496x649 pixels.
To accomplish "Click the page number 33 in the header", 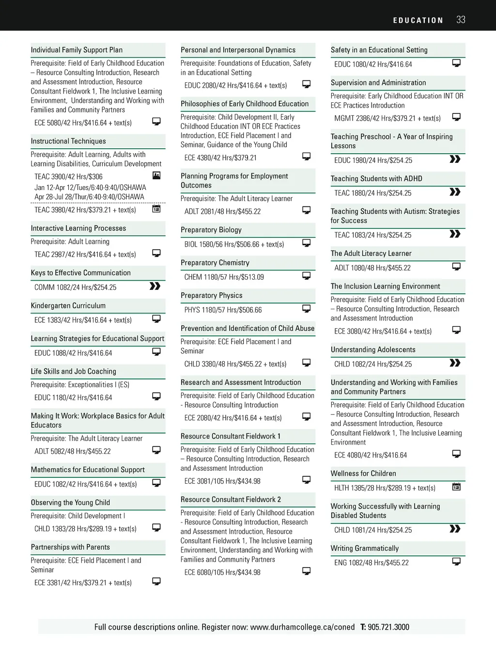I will pos(461,20).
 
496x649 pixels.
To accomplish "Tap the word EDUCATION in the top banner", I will pos(418,20).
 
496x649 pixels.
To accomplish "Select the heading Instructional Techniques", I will pos(68,141).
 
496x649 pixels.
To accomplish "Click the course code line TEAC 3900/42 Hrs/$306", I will pos(68,177).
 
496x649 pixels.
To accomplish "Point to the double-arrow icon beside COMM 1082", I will pos(155,286).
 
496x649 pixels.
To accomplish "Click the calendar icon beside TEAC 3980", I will pos(156,209).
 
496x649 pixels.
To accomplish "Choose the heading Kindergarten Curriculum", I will pos(68,306).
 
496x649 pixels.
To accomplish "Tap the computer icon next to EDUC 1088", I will pos(156,352).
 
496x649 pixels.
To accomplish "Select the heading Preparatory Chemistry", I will pos(215,263).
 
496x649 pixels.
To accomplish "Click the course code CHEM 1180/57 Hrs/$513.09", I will pos(224,277).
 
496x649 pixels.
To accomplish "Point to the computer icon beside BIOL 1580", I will pos(306,243).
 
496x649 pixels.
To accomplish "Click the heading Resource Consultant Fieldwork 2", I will pos(231,500).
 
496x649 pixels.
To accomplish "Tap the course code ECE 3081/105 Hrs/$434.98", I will pos(222,481).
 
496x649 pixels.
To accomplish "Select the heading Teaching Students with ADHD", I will pos(376,179).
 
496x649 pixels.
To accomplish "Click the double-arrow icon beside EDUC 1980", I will pos(455,159).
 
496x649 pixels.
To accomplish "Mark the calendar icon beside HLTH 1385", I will pos(456,487).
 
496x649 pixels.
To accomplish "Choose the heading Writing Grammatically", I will pos(365,549).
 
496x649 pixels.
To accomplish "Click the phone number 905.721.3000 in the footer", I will pos(388,627).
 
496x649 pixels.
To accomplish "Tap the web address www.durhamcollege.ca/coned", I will pos(302,627).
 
